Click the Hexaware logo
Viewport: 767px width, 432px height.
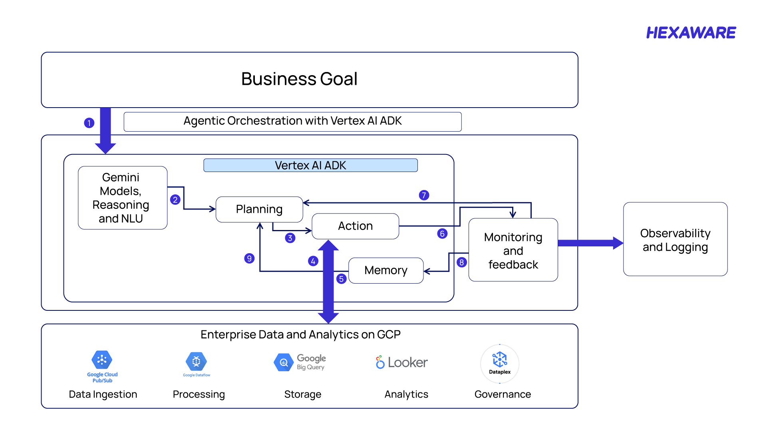coord(691,33)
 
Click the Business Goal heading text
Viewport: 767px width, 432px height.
coord(299,79)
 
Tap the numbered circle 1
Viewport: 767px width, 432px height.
coord(89,123)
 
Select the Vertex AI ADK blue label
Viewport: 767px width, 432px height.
coord(310,165)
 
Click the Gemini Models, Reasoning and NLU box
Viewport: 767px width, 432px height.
coord(123,198)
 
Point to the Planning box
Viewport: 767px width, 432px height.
coord(259,209)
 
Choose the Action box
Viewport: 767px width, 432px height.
coord(355,226)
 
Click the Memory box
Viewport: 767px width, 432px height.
coord(385,270)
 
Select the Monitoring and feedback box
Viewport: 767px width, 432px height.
coord(513,250)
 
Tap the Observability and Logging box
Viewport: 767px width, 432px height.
coord(675,240)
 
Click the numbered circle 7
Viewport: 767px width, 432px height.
coord(424,195)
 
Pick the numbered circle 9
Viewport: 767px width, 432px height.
coord(249,258)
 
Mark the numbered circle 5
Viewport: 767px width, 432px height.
coord(341,279)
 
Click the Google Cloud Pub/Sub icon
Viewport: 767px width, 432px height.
coord(102,360)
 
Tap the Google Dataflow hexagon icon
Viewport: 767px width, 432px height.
coord(196,362)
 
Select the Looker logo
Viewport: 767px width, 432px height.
coord(402,362)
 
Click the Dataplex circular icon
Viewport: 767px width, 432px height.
coord(499,363)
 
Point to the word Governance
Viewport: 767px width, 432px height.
coord(503,394)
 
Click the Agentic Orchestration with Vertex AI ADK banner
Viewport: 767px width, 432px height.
coord(292,121)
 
